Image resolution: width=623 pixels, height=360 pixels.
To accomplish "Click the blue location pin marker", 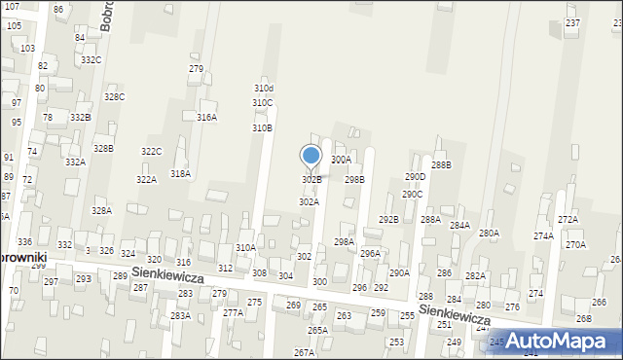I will pyautogui.click(x=311, y=156).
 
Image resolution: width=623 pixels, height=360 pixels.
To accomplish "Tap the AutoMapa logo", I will pyautogui.click(x=564, y=341).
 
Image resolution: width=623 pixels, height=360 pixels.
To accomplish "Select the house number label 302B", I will pyautogui.click(x=311, y=180).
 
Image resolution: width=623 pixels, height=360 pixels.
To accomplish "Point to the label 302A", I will pyautogui.click(x=309, y=201).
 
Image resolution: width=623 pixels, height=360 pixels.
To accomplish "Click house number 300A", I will pyautogui.click(x=341, y=160).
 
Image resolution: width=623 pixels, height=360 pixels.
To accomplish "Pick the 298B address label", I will pyautogui.click(x=354, y=179).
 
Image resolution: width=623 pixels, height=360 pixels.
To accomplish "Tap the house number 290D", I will pyautogui.click(x=416, y=177).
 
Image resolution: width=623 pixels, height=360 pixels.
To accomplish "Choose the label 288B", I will pyautogui.click(x=441, y=164).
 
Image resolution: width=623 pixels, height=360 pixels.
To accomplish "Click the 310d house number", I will pyautogui.click(x=264, y=89).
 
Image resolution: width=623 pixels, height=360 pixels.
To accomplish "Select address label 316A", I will pyautogui.click(x=207, y=117).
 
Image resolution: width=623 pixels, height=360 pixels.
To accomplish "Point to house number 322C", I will pyautogui.click(x=151, y=151).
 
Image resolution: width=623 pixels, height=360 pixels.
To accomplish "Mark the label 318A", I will pyautogui.click(x=180, y=173).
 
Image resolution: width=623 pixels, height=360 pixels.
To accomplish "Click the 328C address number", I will pyautogui.click(x=115, y=97).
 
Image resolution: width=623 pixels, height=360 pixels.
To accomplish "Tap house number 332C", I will pyautogui.click(x=92, y=59).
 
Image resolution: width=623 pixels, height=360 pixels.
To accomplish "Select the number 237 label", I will pyautogui.click(x=572, y=23).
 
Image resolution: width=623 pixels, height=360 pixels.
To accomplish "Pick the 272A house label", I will pyautogui.click(x=568, y=219).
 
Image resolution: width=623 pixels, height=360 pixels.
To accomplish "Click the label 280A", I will pyautogui.click(x=489, y=233).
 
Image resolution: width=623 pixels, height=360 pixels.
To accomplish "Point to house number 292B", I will pyautogui.click(x=388, y=219).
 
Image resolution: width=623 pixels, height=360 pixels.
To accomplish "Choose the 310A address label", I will pyautogui.click(x=245, y=248).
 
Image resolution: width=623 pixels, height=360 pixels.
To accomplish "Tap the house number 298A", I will pyautogui.click(x=344, y=241).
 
